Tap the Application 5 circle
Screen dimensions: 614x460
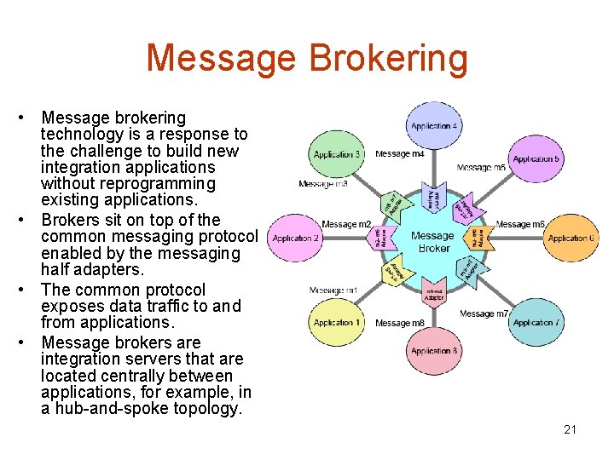point(535,158)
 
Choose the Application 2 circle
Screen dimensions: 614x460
point(295,239)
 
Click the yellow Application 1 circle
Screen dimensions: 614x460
point(337,322)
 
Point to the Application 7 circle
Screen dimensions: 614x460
point(535,322)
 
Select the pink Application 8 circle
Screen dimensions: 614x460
point(434,350)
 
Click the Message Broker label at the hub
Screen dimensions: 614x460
point(432,242)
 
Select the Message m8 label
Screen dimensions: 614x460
point(399,323)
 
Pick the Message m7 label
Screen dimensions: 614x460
point(484,313)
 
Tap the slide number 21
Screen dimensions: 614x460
point(570,429)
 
